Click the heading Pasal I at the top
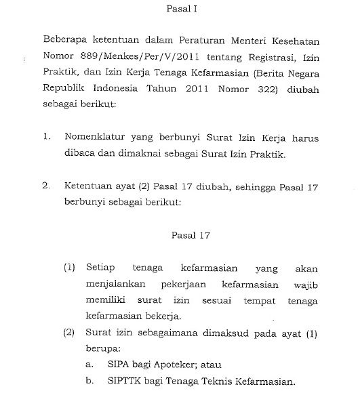click(181, 9)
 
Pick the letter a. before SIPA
click(89, 364)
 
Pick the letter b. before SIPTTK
click(89, 380)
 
